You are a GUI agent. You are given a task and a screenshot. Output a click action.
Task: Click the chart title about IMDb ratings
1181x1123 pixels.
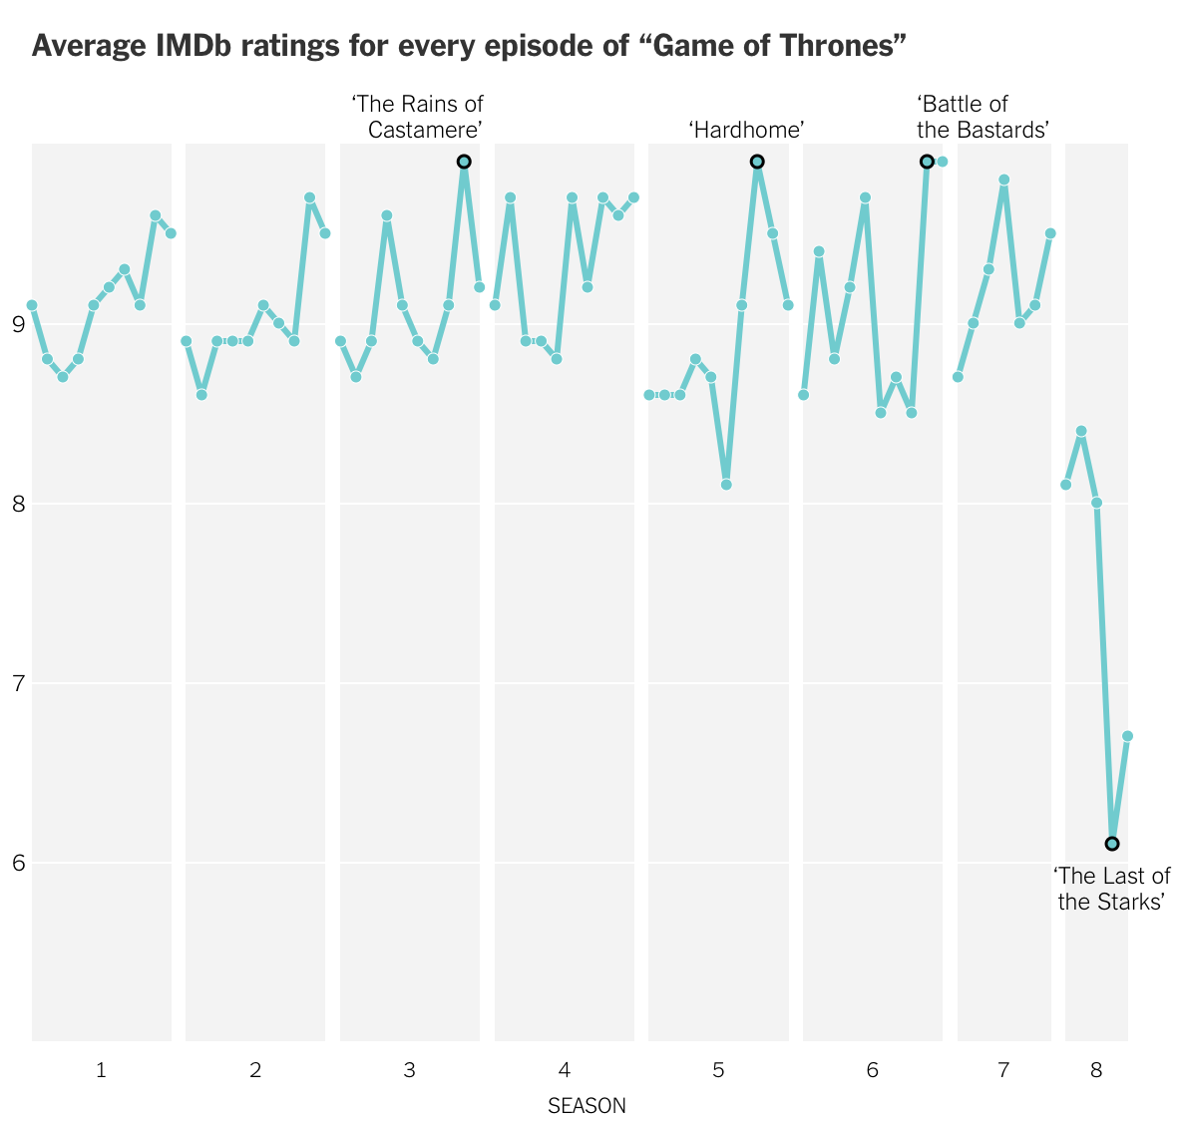pyautogui.click(x=468, y=46)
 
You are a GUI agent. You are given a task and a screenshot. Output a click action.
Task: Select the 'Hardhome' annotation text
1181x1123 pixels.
pyautogui.click(x=746, y=130)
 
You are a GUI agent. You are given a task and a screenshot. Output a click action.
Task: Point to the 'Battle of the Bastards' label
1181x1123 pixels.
pyautogui.click(x=983, y=117)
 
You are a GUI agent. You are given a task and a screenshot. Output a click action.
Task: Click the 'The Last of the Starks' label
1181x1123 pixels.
pyautogui.click(x=1112, y=889)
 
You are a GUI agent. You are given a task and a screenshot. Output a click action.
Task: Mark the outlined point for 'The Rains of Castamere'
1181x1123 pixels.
pyautogui.click(x=464, y=162)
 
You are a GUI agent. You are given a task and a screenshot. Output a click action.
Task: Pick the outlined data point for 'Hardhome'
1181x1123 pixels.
pyautogui.click(x=757, y=162)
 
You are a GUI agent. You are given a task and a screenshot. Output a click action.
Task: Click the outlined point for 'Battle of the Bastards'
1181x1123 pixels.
pyautogui.click(x=927, y=162)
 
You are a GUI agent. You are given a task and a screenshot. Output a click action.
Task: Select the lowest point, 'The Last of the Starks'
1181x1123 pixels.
pyautogui.click(x=1112, y=844)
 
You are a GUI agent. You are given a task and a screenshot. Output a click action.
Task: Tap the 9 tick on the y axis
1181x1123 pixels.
pyautogui.click(x=18, y=324)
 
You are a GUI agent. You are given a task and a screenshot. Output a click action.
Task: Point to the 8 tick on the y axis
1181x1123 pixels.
pyautogui.click(x=18, y=503)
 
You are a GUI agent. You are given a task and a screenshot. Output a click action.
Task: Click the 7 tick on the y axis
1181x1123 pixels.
pyautogui.click(x=18, y=683)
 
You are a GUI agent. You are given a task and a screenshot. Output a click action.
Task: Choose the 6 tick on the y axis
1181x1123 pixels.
pyautogui.click(x=18, y=863)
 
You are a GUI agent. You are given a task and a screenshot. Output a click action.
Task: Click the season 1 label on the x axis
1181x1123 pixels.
pyautogui.click(x=101, y=1069)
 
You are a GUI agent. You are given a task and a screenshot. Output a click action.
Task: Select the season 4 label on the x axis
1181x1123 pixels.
pyautogui.click(x=565, y=1069)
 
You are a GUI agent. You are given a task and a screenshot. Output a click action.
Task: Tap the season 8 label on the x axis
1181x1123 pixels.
pyautogui.click(x=1096, y=1069)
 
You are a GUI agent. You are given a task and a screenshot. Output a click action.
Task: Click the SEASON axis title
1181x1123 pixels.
pyautogui.click(x=587, y=1106)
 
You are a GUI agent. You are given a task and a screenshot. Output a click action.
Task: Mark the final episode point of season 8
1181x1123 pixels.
pyautogui.click(x=1127, y=736)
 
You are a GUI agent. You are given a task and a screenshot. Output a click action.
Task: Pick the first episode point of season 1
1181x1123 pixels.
pyautogui.click(x=32, y=305)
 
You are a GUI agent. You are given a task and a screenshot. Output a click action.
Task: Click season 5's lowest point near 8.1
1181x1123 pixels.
pyautogui.click(x=726, y=485)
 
